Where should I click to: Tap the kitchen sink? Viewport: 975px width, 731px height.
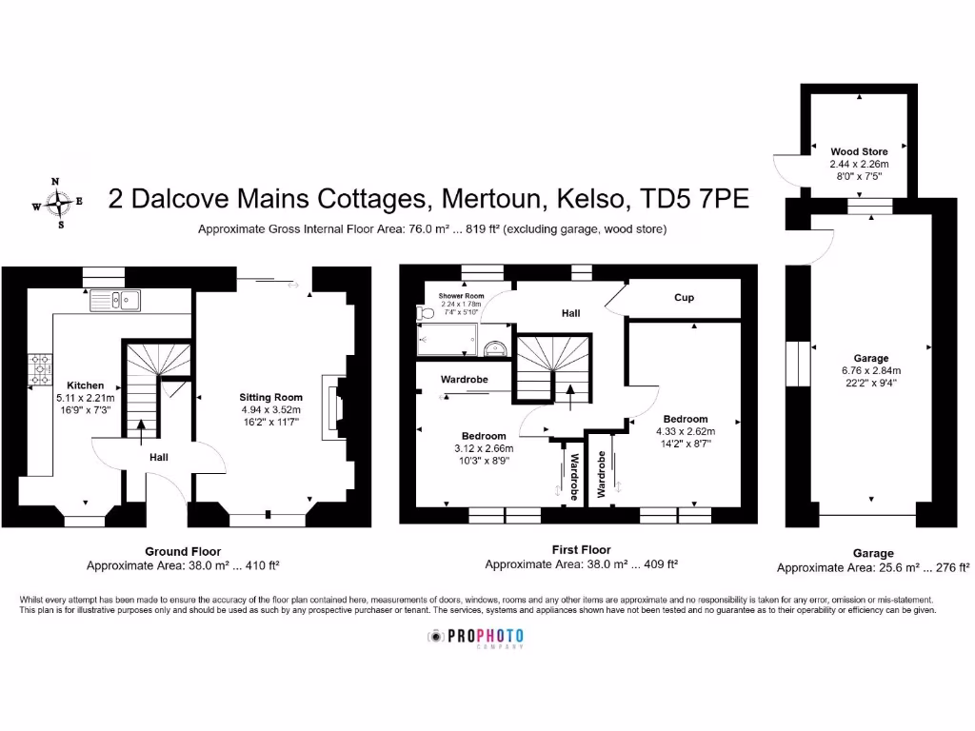(x=115, y=301)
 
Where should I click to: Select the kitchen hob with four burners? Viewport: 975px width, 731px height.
(x=42, y=369)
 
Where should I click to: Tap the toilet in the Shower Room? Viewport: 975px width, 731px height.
(x=425, y=313)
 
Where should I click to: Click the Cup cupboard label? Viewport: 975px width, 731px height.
(x=684, y=298)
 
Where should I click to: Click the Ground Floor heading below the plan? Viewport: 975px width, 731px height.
(x=183, y=551)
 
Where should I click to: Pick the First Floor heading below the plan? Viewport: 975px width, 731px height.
(x=581, y=549)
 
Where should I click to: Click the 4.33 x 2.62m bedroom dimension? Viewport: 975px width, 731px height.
(x=686, y=431)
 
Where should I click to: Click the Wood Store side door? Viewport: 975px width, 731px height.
(x=786, y=168)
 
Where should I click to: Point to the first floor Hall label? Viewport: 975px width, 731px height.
(x=569, y=312)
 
